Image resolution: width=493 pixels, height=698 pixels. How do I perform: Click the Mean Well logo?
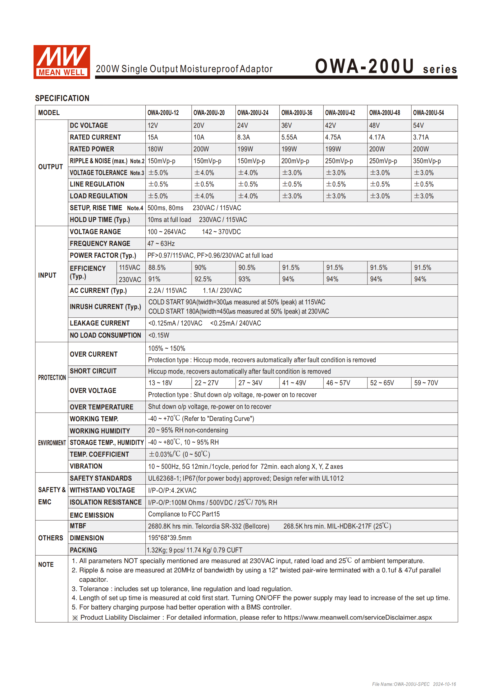62,62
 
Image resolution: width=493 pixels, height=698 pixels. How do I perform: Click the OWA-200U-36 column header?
297,113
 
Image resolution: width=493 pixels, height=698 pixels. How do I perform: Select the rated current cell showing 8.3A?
244,137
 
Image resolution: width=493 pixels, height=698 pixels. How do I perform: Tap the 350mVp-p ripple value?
427,161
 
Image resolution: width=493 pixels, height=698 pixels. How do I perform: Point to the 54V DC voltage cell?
418,126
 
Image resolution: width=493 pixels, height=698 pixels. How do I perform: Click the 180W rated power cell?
155,149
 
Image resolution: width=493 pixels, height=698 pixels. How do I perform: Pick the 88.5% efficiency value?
157,268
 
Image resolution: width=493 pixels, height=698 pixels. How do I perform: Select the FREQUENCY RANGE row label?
100,244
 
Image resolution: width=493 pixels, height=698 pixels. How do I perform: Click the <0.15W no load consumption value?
159,335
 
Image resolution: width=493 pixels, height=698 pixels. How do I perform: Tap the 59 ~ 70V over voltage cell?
426,383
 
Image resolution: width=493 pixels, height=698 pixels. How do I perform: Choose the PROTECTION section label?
52,378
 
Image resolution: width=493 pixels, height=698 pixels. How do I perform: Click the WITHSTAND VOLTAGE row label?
102,490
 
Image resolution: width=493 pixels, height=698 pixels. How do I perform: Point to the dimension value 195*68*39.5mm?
170,538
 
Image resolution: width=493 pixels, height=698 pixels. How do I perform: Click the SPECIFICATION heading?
62,99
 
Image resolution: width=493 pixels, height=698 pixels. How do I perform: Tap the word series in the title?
440,69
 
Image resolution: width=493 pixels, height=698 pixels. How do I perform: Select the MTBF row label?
78,526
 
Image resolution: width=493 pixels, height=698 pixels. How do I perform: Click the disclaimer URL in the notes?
358,618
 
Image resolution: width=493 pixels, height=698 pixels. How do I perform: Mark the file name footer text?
414,684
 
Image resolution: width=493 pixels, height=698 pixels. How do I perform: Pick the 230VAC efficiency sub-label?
130,280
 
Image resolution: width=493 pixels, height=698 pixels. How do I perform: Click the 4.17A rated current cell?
377,137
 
